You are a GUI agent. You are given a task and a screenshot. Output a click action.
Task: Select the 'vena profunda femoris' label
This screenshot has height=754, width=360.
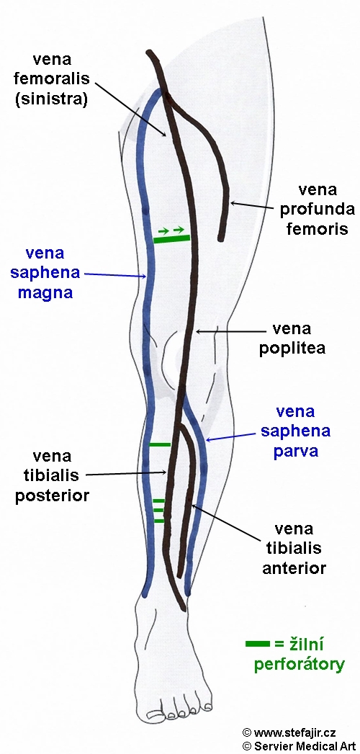(x=318, y=208)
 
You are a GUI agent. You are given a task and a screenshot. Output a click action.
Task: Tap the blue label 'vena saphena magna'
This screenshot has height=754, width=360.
(x=45, y=273)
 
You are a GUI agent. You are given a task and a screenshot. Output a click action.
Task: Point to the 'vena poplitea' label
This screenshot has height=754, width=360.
(x=292, y=338)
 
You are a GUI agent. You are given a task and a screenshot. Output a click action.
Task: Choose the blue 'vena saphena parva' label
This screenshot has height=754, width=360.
(x=296, y=431)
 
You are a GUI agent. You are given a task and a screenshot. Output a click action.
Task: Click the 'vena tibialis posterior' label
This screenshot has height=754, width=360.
(x=52, y=475)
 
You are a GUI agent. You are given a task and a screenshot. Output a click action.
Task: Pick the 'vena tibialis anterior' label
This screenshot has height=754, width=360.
(x=294, y=548)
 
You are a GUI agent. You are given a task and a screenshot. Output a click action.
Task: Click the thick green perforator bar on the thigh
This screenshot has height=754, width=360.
(x=171, y=238)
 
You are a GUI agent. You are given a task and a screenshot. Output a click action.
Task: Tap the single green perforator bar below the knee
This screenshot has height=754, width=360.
(x=160, y=444)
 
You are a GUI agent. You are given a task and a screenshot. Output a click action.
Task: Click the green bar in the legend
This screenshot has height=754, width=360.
(x=258, y=643)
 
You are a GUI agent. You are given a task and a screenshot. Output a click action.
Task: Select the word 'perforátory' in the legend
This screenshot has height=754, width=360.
(x=299, y=664)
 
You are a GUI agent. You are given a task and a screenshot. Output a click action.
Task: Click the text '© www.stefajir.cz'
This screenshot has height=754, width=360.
(x=289, y=732)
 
